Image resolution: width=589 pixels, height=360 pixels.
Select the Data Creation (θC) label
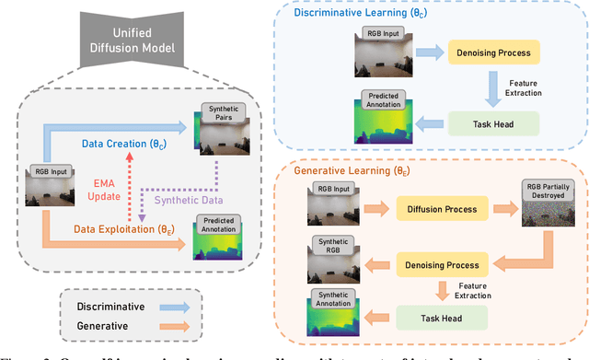coord(126,144)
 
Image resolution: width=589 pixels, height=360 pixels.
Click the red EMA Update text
coord(109,190)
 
